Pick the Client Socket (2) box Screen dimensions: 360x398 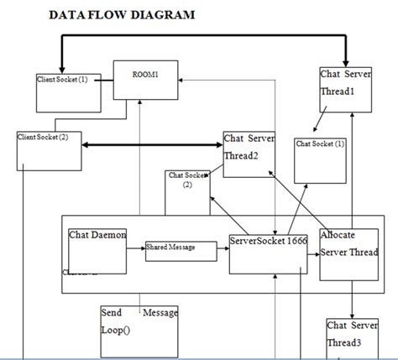point(49,149)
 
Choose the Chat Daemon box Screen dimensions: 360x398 point(97,249)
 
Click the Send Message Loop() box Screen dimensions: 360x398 point(139,331)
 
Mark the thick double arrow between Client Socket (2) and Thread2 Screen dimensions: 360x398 point(152,146)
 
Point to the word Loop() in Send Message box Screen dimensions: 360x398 point(117,330)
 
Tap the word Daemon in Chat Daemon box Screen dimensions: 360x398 point(110,235)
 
